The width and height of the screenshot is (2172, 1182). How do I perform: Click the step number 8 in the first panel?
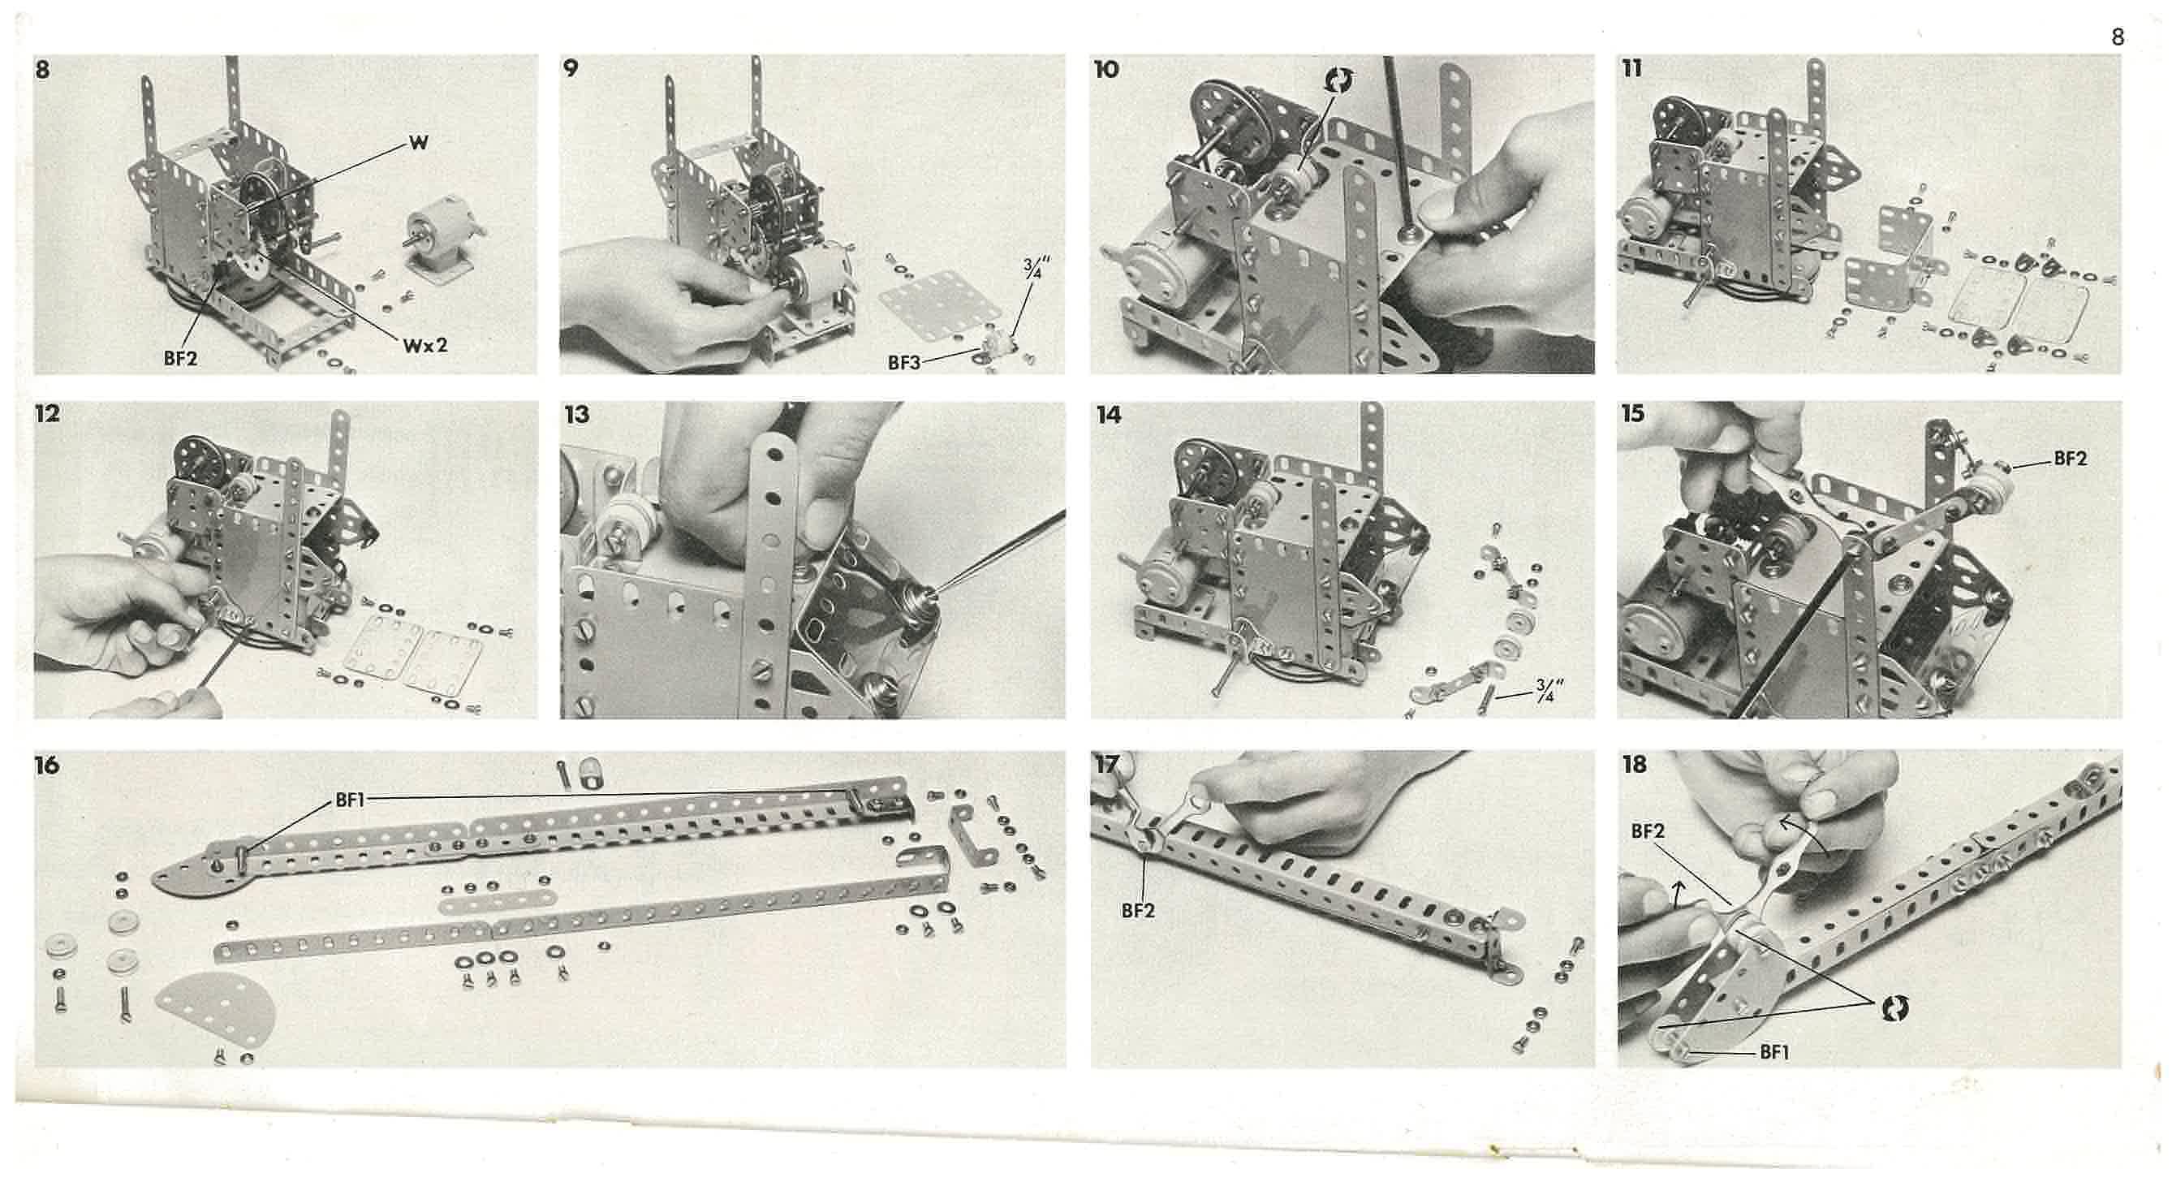(x=43, y=68)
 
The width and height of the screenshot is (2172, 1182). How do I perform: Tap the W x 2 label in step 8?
(x=425, y=344)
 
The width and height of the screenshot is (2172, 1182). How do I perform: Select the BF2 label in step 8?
(x=179, y=358)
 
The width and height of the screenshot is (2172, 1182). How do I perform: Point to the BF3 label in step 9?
(x=903, y=363)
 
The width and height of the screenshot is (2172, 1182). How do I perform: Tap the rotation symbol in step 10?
(x=1338, y=81)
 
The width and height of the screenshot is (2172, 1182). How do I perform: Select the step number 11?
(x=1631, y=68)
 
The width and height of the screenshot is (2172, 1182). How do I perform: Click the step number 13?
(x=577, y=415)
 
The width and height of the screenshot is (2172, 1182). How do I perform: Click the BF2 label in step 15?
(x=2070, y=458)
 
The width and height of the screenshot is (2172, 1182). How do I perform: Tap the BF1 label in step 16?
(x=350, y=800)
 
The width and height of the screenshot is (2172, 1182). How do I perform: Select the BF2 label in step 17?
(x=1137, y=911)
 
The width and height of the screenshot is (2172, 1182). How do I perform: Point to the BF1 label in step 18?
(x=1774, y=1052)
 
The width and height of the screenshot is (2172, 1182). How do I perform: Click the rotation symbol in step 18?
(x=1894, y=1007)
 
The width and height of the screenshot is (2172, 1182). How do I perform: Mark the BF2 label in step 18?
(x=1648, y=831)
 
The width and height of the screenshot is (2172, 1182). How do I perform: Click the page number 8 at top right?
(x=2117, y=37)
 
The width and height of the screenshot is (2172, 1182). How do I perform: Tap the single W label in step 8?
(x=418, y=143)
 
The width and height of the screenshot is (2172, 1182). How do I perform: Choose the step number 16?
(x=47, y=765)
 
